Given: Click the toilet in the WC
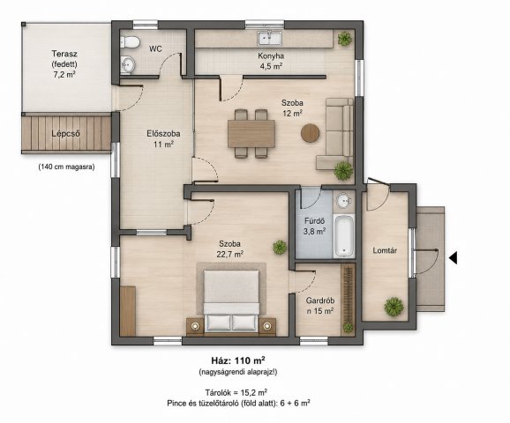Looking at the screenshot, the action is click(130, 42).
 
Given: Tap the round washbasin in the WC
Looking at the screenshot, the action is click(127, 64).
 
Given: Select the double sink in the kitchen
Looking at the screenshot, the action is click(270, 38).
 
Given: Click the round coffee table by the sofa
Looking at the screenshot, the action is click(310, 133).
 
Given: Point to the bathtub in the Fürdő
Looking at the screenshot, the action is click(344, 235).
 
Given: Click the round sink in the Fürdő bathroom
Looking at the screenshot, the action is click(343, 201).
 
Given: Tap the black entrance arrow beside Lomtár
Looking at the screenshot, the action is click(453, 258).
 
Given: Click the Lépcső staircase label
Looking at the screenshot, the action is click(65, 134).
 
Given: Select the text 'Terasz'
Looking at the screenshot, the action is click(64, 54).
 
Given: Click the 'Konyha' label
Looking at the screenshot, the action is click(271, 56).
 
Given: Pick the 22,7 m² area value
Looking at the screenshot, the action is click(230, 254).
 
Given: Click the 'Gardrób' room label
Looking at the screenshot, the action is click(320, 301).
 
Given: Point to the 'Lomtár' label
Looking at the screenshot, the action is click(385, 250).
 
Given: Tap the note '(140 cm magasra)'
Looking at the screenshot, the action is click(67, 167).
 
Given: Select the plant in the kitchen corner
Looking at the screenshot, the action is click(344, 39).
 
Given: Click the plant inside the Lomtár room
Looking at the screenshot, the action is click(394, 306).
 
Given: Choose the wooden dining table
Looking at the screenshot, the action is click(251, 134).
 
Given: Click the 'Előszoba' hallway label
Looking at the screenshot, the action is click(163, 134).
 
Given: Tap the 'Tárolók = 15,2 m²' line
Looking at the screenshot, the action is click(236, 392).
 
